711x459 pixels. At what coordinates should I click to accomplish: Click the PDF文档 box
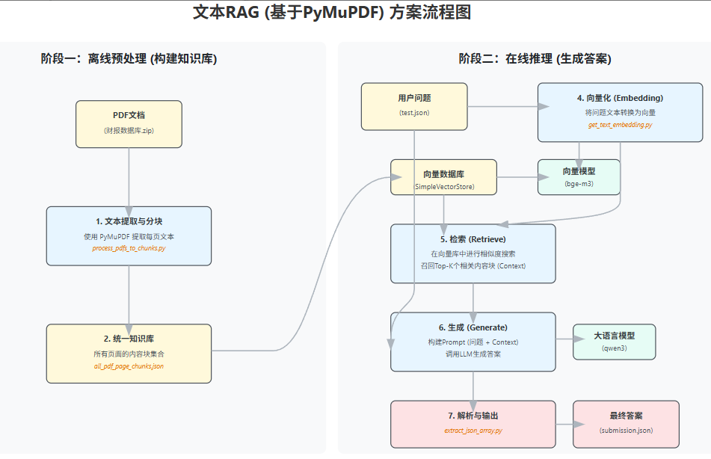tap(129, 124)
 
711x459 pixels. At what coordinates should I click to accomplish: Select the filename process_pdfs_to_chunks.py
tap(129, 247)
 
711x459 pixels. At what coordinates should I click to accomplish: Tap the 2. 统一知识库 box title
tap(129, 339)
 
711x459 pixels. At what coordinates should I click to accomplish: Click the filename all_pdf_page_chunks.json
tap(129, 366)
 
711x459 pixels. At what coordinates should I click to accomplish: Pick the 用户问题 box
tap(414, 105)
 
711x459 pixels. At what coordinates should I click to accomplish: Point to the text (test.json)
tap(414, 112)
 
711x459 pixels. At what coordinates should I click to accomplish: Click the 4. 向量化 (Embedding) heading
tap(620, 98)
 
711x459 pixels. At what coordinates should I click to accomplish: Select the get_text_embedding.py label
tap(620, 125)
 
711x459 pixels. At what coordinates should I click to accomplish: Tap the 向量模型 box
tap(579, 177)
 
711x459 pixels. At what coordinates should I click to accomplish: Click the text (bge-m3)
tap(579, 183)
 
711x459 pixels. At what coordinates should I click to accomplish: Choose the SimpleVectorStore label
tap(444, 185)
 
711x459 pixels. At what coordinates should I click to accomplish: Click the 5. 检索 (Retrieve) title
tap(473, 239)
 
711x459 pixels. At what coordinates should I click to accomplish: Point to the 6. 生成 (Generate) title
tap(473, 327)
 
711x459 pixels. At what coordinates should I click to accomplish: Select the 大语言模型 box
tap(614, 342)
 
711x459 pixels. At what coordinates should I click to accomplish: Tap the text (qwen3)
tap(614, 348)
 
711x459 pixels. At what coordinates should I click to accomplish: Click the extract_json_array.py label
tap(473, 431)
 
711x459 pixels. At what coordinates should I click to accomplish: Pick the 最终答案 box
tap(626, 423)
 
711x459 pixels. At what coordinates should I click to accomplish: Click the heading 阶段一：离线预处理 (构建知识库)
tap(129, 59)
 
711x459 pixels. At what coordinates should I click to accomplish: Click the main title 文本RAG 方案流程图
tap(332, 13)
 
